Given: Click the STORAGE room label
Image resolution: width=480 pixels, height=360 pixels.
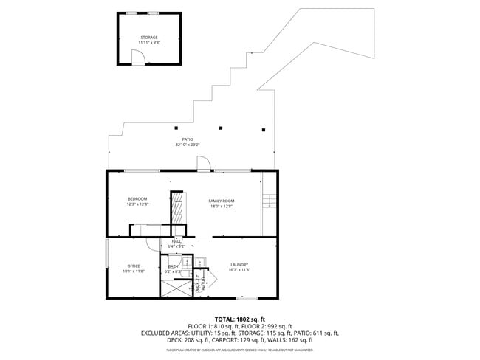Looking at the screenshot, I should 149,38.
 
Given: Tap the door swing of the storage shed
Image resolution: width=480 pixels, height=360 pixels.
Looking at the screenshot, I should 138,57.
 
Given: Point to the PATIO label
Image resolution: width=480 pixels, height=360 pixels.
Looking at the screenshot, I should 188,139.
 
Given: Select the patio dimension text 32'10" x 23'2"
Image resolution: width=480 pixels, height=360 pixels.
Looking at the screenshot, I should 188,145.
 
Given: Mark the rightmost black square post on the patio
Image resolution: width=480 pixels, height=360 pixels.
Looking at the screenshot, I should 262,129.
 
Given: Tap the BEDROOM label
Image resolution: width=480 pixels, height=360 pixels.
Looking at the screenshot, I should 137,198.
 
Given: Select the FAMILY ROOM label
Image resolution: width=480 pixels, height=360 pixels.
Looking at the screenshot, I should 221,201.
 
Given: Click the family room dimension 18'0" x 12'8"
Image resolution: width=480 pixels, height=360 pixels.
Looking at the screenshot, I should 221,207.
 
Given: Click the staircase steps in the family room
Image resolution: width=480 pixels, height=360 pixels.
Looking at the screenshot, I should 270,201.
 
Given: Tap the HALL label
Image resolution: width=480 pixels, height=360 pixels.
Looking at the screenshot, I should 176,241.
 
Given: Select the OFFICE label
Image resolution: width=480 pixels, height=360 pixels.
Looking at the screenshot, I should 134,266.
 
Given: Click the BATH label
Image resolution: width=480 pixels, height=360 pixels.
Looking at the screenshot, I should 173,266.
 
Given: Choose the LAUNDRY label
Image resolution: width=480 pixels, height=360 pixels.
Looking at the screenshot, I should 239,264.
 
